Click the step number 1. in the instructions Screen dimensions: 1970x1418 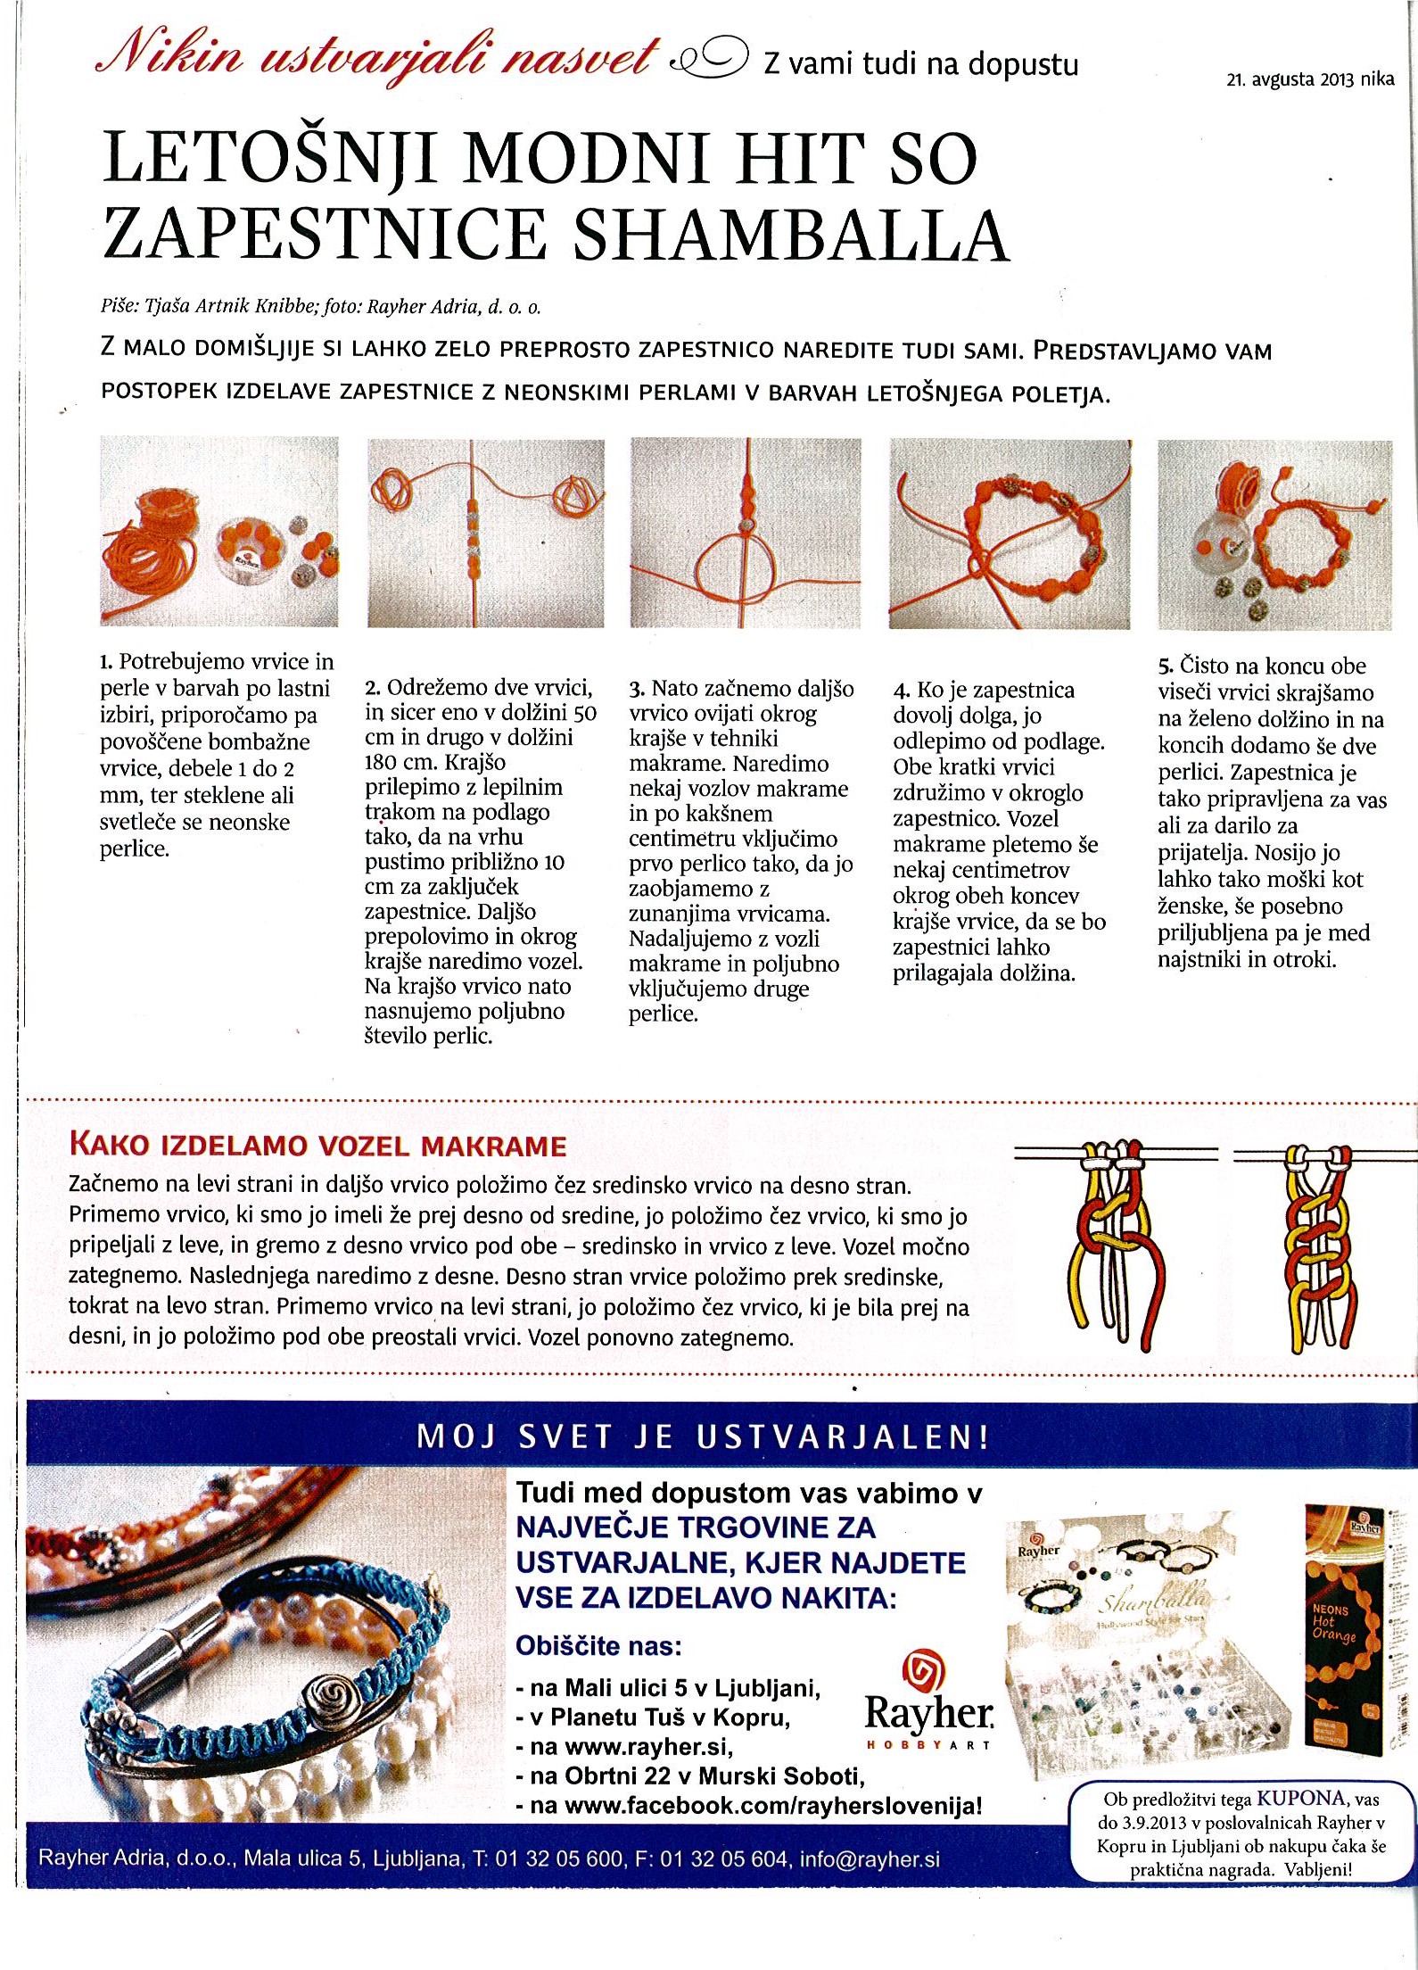tap(106, 662)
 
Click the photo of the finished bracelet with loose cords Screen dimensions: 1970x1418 tap(1010, 534)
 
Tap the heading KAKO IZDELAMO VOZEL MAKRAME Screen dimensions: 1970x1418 tap(317, 1146)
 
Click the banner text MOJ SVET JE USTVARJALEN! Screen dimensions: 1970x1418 tap(703, 1436)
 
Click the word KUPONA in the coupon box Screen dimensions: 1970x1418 tap(1300, 1799)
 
